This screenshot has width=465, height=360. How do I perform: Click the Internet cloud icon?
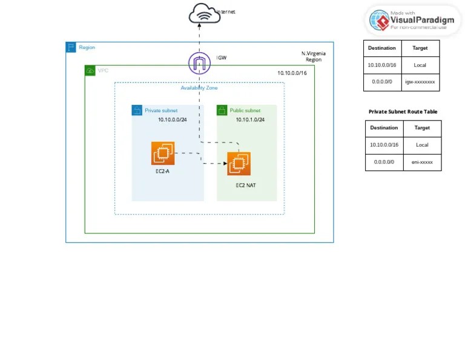tap(200, 13)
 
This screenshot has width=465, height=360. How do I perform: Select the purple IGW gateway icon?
tap(199, 62)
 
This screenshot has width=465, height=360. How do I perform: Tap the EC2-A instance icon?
tap(163, 153)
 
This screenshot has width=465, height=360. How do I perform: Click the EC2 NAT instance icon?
tap(239, 164)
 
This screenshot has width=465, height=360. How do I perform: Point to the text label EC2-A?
tap(162, 172)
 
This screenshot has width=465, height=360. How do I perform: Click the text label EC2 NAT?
tap(245, 185)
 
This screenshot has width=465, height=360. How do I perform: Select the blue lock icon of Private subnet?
tap(137, 110)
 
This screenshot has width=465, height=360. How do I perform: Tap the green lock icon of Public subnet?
tap(222, 110)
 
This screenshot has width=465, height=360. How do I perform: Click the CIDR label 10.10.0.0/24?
tap(173, 120)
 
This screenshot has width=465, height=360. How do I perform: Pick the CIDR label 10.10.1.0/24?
tap(250, 120)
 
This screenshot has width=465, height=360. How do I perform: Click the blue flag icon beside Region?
tap(71, 47)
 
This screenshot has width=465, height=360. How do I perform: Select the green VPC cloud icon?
tap(90, 71)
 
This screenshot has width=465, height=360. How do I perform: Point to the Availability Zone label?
tap(199, 88)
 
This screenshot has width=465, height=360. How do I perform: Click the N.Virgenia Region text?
tap(313, 56)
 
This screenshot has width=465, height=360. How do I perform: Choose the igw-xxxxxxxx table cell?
tap(420, 81)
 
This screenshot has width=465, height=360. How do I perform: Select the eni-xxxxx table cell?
tap(422, 162)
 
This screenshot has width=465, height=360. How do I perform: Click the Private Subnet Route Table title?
tap(403, 112)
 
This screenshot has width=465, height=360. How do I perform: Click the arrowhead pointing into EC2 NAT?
tap(224, 164)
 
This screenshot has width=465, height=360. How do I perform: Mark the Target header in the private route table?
tap(422, 128)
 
